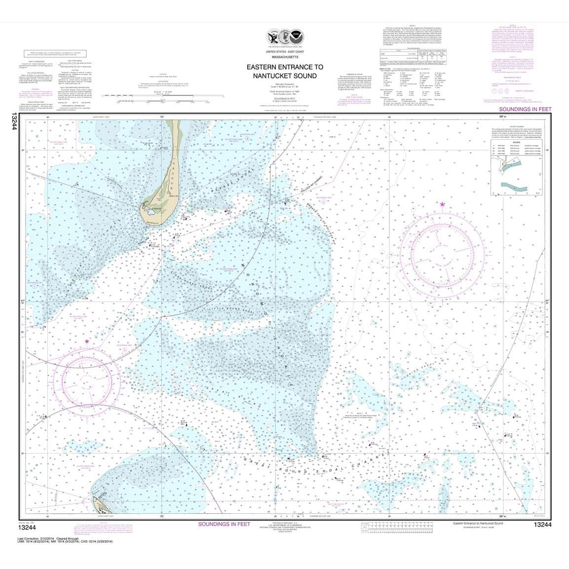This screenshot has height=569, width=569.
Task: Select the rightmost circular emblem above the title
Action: (x=298, y=38)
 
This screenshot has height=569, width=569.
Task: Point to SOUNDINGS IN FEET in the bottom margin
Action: (x=224, y=524)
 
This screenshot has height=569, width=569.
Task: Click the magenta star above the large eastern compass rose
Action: (x=442, y=204)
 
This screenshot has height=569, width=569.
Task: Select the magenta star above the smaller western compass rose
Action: (x=87, y=341)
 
